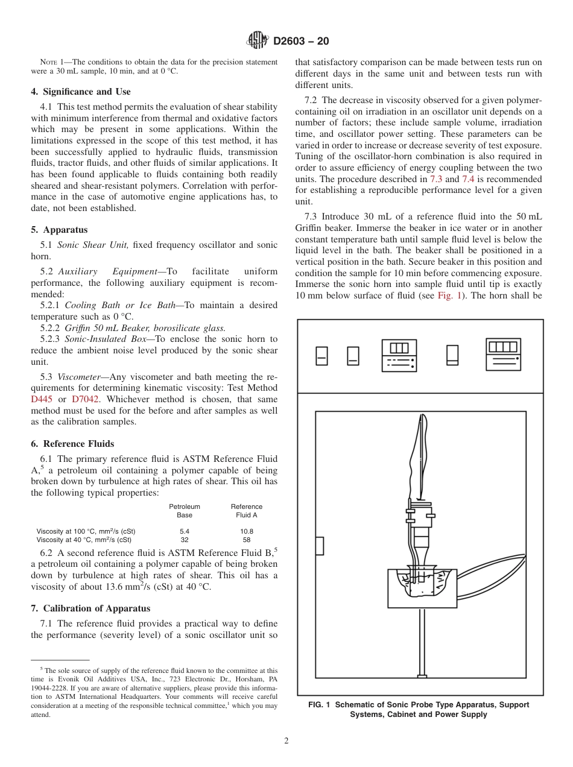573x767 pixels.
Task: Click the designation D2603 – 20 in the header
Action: [301, 42]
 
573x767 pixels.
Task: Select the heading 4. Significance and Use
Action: [81, 92]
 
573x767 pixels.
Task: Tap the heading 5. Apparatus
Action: [59, 230]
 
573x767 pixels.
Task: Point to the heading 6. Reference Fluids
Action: [72, 444]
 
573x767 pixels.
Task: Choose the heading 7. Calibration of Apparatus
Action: [90, 608]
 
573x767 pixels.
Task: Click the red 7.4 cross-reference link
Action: [469, 179]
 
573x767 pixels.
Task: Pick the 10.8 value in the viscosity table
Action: [247, 531]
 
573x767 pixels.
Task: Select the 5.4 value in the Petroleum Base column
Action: [185, 531]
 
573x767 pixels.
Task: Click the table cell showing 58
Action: [247, 540]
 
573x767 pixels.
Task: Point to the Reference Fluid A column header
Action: [247, 511]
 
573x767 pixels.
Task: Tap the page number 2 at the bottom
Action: [286, 741]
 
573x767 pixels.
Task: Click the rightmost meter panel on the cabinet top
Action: [503, 354]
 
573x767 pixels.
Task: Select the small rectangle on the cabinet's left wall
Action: [319, 546]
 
